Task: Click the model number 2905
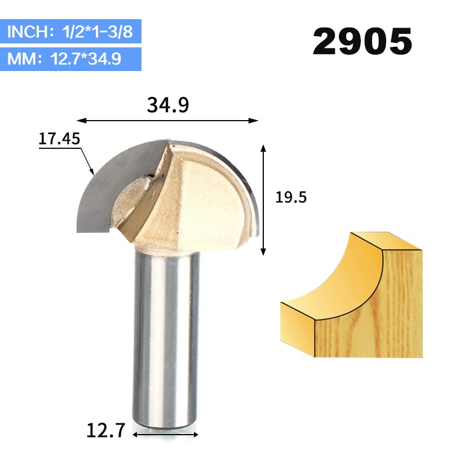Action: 362,41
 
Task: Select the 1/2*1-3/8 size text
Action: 97,32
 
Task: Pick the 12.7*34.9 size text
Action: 86,59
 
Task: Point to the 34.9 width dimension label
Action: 167,105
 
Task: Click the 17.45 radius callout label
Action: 59,139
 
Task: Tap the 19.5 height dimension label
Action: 291,197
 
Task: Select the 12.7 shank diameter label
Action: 106,430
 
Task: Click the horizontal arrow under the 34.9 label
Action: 167,121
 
